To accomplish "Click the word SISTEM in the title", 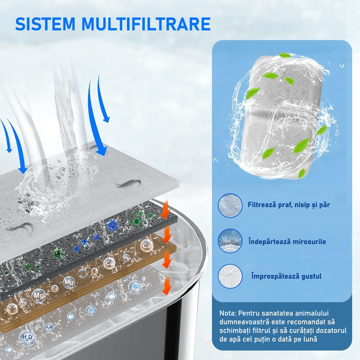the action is point(45,24).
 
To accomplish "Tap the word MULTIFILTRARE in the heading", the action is point(146,24).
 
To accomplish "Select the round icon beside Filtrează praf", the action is point(230,205).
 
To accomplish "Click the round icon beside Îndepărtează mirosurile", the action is point(230,241).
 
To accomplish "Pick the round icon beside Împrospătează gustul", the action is point(230,276).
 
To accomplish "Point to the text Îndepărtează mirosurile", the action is point(287,241).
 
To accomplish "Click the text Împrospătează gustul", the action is point(286,276).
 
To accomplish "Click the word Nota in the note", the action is point(227,313).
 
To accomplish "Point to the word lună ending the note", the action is point(309,339).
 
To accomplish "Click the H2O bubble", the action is point(27,337).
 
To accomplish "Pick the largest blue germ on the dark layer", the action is point(112,225).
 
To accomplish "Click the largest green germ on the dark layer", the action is point(58,253).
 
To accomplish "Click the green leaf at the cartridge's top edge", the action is point(285,55).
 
